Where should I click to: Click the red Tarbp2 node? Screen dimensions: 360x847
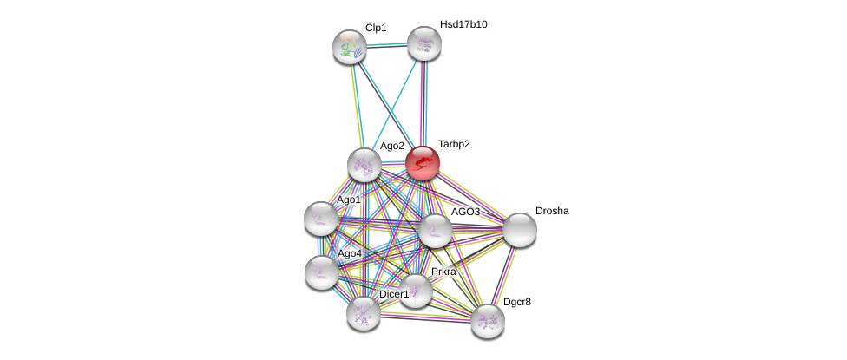[423, 163]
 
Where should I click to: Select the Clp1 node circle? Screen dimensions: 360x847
[350, 47]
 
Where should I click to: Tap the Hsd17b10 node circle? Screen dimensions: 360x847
[424, 43]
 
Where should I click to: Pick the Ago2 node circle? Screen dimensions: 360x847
[364, 165]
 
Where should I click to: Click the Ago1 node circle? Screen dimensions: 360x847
[321, 219]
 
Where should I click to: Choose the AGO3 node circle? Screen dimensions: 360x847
[436, 231]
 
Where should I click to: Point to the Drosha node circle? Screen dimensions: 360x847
[520, 230]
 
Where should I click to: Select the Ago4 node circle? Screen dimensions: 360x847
[322, 272]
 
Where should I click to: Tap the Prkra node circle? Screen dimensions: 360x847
[416, 291]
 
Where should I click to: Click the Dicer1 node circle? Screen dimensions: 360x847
[364, 313]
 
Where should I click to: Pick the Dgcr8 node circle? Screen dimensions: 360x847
[488, 321]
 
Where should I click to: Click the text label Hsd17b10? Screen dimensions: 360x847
[463, 24]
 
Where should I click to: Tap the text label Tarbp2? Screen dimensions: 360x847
[454, 144]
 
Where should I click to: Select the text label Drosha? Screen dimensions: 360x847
[552, 211]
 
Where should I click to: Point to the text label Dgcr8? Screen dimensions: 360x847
[517, 302]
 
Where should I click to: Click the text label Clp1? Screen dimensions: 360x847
[376, 28]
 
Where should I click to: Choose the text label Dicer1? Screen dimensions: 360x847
[394, 294]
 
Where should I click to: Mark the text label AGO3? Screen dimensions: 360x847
[465, 212]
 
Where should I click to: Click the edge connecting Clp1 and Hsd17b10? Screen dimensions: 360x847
[387, 45]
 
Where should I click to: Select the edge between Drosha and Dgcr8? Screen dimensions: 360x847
[504, 275]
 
